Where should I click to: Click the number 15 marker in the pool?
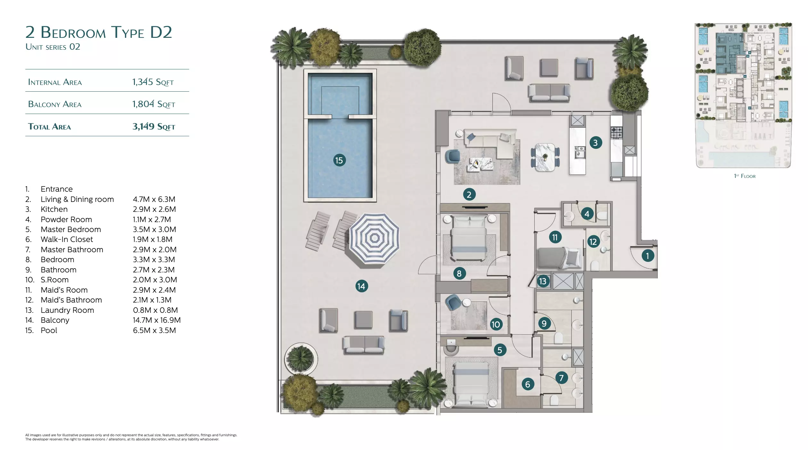tap(339, 160)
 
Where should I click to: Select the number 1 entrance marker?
tap(647, 255)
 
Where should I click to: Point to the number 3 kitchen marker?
tap(595, 143)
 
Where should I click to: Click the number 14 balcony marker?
tap(361, 286)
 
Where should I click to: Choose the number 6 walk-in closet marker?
tap(528, 384)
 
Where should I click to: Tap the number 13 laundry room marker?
tap(543, 281)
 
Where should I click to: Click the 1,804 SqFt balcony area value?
tap(154, 104)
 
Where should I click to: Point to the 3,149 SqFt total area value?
tap(154, 126)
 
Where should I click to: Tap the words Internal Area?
tap(55, 82)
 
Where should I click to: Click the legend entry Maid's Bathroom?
tap(71, 300)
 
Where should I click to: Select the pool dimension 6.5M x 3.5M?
tap(154, 330)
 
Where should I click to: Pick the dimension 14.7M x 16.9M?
tap(157, 320)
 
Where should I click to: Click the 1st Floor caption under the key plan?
tap(745, 176)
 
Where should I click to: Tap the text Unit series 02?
tap(53, 47)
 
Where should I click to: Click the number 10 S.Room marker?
tap(496, 324)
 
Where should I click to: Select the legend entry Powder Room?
tap(66, 220)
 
